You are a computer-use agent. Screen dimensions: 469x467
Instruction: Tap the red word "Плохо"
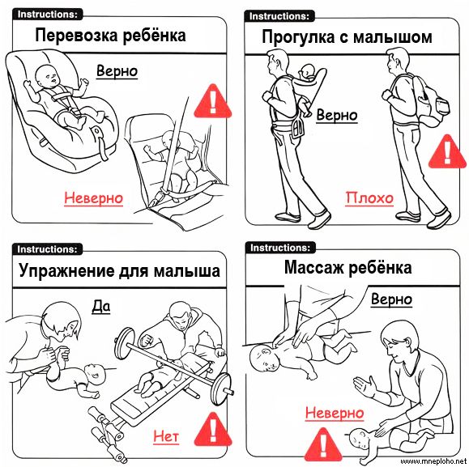pyautogui.click(x=369, y=198)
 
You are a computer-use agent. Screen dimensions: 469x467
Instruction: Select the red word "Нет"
pyautogui.click(x=166, y=436)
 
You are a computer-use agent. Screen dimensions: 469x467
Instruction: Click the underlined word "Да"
pyautogui.click(x=100, y=307)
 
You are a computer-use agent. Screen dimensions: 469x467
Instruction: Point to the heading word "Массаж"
pyautogui.click(x=313, y=267)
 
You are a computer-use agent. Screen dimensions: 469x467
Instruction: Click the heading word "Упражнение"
pyautogui.click(x=66, y=271)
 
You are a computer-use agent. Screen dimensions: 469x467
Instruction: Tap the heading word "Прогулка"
pyautogui.click(x=298, y=38)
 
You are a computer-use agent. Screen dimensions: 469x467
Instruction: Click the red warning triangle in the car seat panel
pyautogui.click(x=213, y=102)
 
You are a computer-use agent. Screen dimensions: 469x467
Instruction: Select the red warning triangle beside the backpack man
pyautogui.click(x=447, y=152)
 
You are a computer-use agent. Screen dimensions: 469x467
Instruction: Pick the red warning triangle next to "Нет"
pyautogui.click(x=213, y=430)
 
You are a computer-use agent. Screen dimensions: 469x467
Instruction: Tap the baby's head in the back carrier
pyautogui.click(x=308, y=73)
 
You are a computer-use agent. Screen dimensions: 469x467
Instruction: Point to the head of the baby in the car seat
pyautogui.click(x=48, y=77)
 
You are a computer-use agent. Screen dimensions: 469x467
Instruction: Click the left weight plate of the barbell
pyautogui.click(x=124, y=342)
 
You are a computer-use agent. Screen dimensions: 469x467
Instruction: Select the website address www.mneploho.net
pyautogui.click(x=433, y=461)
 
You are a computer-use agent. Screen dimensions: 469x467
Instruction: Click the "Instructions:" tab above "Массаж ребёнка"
pyautogui.click(x=280, y=248)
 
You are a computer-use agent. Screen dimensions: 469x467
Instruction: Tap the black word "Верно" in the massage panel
pyautogui.click(x=391, y=299)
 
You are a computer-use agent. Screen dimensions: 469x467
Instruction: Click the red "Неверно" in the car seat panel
pyautogui.click(x=94, y=197)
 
